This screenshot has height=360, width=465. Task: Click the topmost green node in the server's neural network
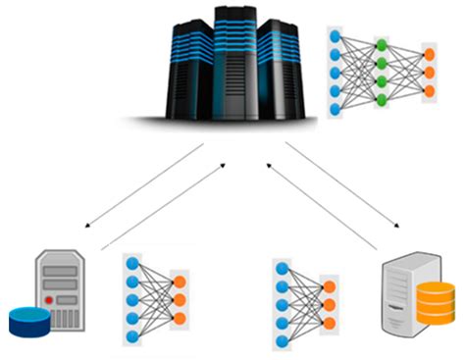pos(381,44)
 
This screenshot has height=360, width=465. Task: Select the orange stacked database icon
pos(436,301)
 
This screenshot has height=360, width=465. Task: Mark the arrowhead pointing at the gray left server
pos(89,227)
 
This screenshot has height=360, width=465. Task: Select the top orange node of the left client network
pos(179,277)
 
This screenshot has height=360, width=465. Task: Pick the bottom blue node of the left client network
pos(132,336)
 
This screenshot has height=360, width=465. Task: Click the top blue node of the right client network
pos(283,266)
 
